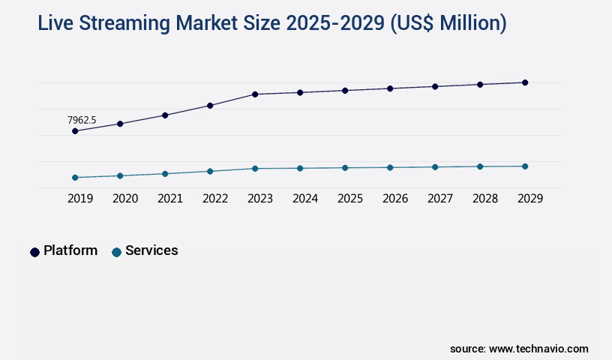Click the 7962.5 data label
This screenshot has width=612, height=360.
tap(82, 120)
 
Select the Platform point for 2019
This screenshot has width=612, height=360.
tap(75, 131)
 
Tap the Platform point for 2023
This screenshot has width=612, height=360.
tap(255, 94)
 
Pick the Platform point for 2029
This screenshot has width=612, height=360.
tap(525, 82)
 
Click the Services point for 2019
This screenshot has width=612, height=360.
tap(75, 178)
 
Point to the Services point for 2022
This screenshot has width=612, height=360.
tap(210, 171)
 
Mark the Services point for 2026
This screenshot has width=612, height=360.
tap(390, 167)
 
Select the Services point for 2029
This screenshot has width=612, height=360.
tap(525, 166)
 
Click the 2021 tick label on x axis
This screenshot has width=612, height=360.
tap(170, 199)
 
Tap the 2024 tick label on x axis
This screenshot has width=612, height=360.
tap(305, 199)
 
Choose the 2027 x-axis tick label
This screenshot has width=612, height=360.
tap(440, 199)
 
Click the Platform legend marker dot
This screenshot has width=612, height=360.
tap(34, 252)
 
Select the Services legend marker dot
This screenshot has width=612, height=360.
tap(116, 252)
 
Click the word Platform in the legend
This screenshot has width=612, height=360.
tap(70, 250)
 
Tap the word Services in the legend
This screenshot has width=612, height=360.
tap(151, 250)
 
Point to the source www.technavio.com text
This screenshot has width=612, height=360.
tap(519, 349)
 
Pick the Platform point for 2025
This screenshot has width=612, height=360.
tap(345, 91)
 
